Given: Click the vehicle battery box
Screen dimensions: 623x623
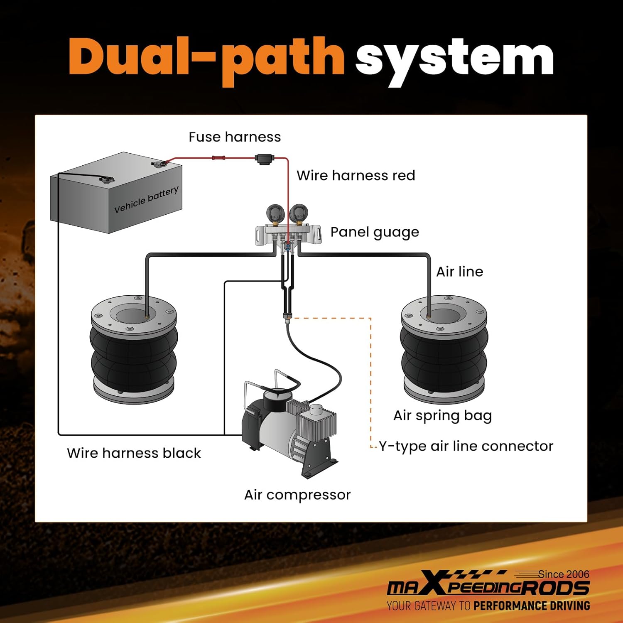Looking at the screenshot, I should (x=116, y=193).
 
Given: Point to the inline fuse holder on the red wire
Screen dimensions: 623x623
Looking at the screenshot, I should (x=264, y=159).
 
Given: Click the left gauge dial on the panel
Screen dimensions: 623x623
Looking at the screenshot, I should (x=275, y=213).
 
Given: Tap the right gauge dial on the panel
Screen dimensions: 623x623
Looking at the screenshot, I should (x=298, y=213).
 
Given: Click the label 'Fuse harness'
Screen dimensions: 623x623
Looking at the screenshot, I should (x=235, y=137).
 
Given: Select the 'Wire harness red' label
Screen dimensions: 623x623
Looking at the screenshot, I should (x=356, y=175).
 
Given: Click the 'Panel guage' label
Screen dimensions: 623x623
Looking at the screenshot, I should (x=375, y=232).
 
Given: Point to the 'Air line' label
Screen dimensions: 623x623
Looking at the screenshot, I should (x=459, y=272).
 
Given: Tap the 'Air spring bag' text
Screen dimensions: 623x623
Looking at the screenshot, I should (x=442, y=415).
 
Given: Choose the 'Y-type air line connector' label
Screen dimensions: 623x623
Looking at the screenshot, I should (x=466, y=446).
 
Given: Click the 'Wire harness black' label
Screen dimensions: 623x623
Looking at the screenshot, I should (x=134, y=453).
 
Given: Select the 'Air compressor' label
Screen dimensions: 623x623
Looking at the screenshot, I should (x=297, y=495).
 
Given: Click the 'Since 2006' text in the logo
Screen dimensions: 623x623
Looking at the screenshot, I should (x=564, y=574).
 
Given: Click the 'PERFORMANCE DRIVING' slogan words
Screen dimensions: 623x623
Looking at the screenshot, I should (x=532, y=606).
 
